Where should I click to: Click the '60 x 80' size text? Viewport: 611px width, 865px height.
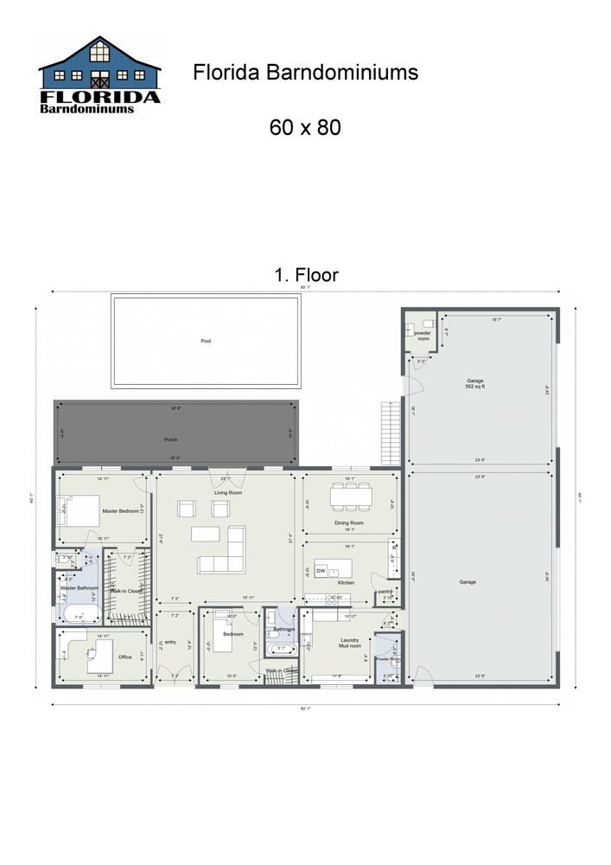tap(305, 127)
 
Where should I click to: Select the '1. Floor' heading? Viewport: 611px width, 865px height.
tap(306, 275)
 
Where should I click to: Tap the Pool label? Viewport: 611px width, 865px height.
tap(206, 341)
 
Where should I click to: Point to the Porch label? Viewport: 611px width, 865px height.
tap(171, 439)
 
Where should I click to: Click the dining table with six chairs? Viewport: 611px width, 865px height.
tap(351, 496)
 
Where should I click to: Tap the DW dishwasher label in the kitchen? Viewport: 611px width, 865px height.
tap(321, 571)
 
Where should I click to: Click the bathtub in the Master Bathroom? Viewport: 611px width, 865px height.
tap(79, 616)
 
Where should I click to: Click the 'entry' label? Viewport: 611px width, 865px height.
tap(170, 642)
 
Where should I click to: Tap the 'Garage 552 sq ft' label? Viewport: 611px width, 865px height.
tap(474, 383)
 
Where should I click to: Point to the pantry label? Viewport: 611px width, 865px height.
tap(385, 591)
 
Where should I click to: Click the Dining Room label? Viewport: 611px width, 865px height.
tap(349, 523)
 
